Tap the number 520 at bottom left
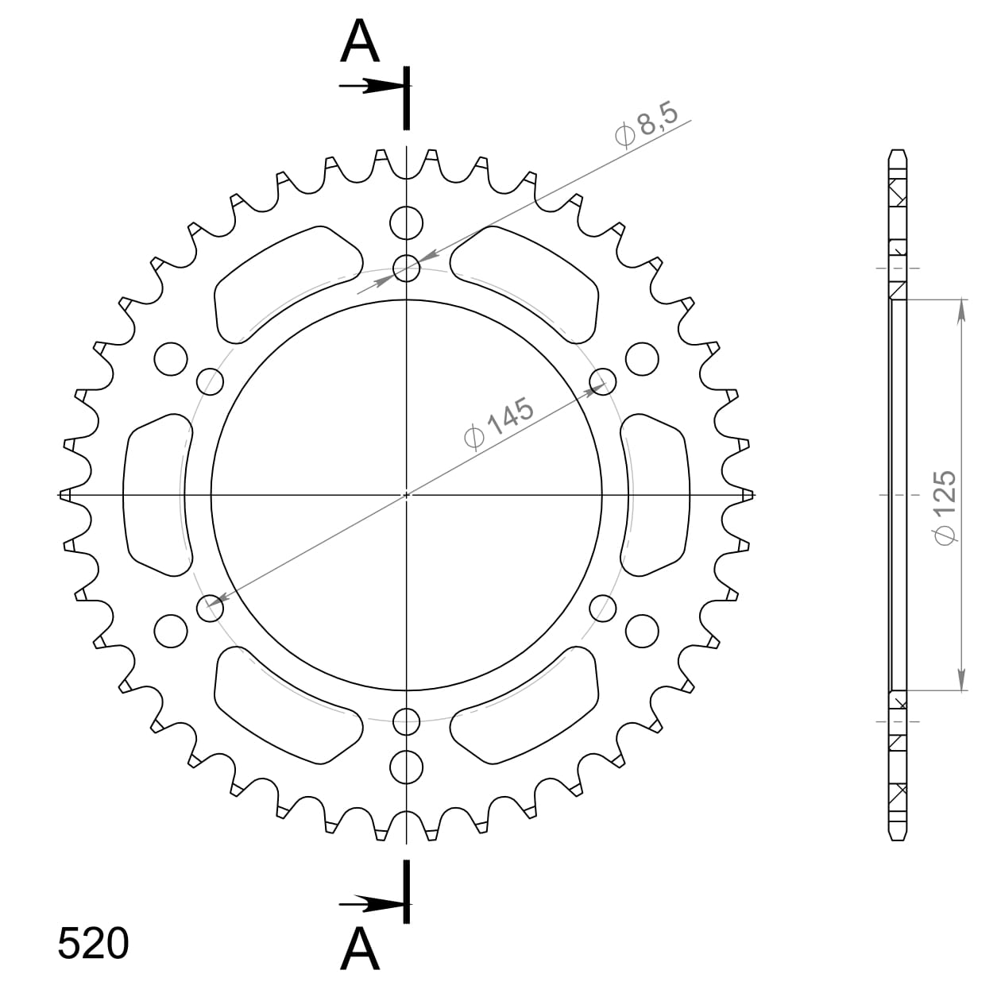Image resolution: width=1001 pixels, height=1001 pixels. [x=93, y=944]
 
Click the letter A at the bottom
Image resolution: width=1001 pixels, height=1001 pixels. [x=360, y=949]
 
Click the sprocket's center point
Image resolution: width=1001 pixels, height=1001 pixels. [x=407, y=495]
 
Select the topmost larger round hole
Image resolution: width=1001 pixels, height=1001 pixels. [x=407, y=222]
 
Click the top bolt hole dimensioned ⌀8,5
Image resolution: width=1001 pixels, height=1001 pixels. [x=407, y=269]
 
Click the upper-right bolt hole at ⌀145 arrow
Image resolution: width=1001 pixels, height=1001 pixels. [x=603, y=381]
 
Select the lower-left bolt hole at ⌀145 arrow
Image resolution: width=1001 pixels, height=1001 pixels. [x=211, y=609]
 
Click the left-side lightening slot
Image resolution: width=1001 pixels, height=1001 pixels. [x=157, y=494]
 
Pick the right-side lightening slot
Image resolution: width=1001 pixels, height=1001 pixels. [x=657, y=494]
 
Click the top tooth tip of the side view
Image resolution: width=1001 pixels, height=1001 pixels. [x=898, y=153]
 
